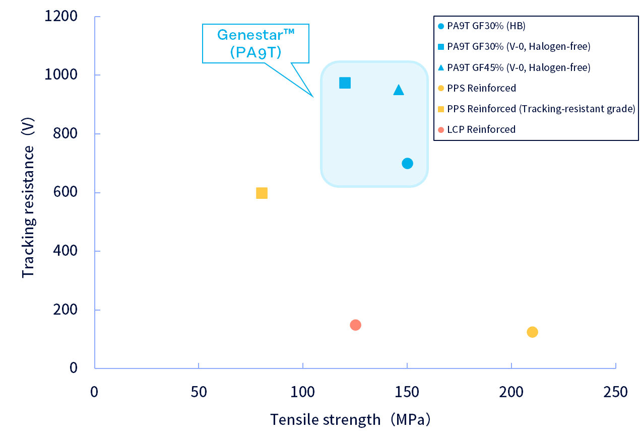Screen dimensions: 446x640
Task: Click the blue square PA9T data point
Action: pos(345,83)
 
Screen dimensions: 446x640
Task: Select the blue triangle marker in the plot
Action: pos(399,90)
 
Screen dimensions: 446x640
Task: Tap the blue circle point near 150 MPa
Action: pos(407,163)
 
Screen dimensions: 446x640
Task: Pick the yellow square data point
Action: pos(262,193)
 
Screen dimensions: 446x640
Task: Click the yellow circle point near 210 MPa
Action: pos(532,332)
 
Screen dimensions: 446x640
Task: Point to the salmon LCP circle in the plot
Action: pos(355,325)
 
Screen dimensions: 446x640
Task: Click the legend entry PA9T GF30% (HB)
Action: pos(482,26)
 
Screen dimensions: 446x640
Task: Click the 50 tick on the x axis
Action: pos(199,392)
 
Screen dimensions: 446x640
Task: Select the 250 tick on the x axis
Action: pos(615,392)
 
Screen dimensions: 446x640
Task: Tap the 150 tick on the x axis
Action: pos(407,392)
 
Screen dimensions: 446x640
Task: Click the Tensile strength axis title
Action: pos(351,419)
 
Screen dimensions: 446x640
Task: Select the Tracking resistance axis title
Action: pos(28,211)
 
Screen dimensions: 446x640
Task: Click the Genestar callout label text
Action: pos(255,44)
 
